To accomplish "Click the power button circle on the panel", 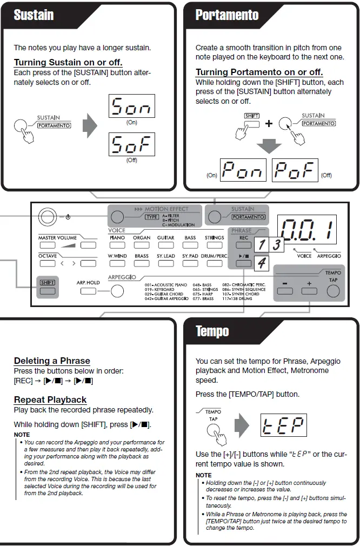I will click(47, 217).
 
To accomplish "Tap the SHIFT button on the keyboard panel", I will click(47, 290).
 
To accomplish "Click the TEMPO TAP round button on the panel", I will click(333, 291).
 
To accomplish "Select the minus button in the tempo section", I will click(285, 291).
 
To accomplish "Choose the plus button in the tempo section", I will click(309, 291).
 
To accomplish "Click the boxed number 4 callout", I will click(261, 263).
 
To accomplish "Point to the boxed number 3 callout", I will click(276, 244).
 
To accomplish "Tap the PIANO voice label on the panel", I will click(117, 238).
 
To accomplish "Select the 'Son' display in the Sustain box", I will click(131, 106).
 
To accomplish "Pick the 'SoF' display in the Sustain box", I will click(131, 144).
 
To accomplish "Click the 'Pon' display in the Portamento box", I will click(243, 171).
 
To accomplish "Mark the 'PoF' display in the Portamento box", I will click(295, 171).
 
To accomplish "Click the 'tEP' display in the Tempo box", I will click(283, 425).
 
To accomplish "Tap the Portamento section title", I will click(227, 15).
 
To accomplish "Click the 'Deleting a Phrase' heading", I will click(52, 361).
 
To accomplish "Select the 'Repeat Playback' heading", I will click(50, 399).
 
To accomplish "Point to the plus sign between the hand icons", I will click(269, 124).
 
